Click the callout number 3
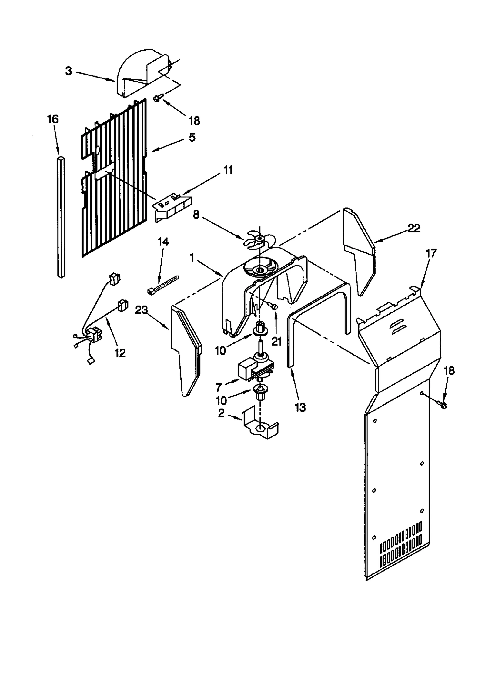click(x=69, y=71)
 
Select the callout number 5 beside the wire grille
click(x=192, y=137)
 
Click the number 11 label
click(x=228, y=170)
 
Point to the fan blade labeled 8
click(x=256, y=239)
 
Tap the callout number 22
click(x=414, y=229)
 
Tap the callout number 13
click(x=300, y=408)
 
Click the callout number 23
click(x=141, y=310)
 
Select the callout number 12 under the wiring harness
click(x=120, y=353)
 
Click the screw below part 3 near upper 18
click(x=158, y=98)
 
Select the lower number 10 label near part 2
click(x=221, y=401)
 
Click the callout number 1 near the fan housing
click(x=191, y=258)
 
